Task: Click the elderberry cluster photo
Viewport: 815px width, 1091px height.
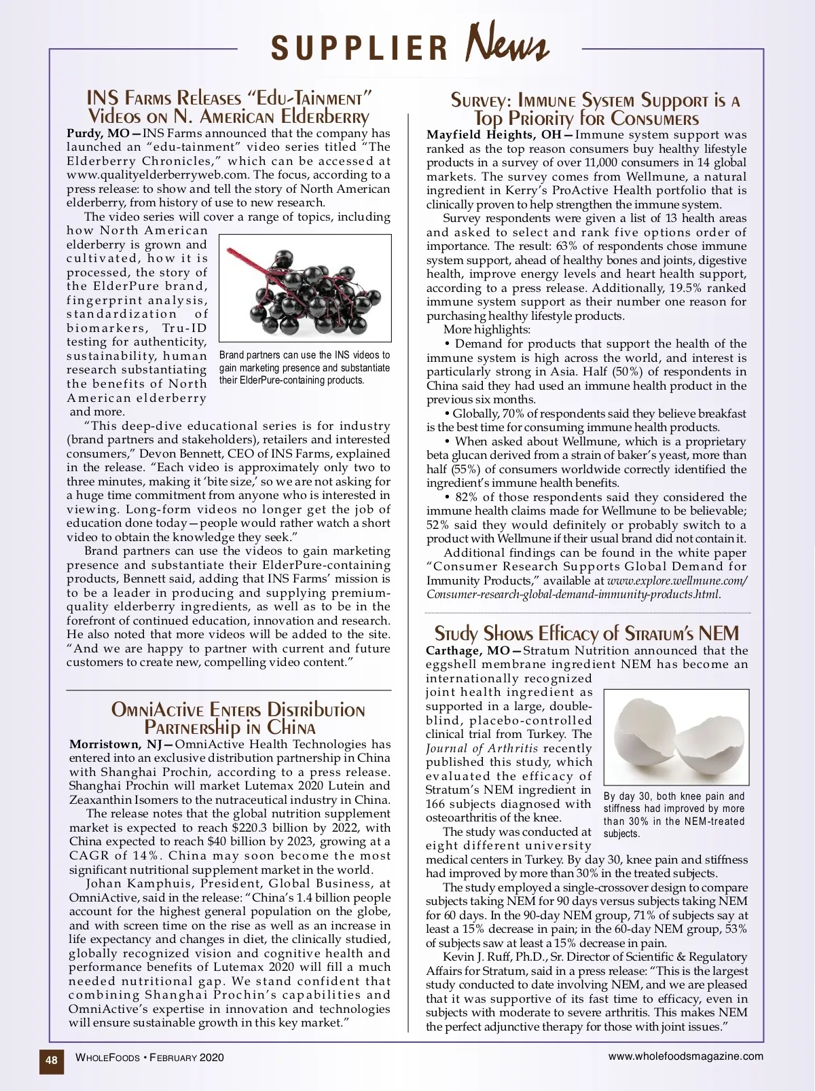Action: (x=306, y=288)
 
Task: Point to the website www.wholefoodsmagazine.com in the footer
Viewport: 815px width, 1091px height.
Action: (x=685, y=1056)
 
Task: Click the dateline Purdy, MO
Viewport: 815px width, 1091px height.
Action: (x=98, y=133)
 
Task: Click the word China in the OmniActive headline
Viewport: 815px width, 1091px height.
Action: (x=291, y=727)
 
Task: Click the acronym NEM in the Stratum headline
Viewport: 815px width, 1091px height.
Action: (x=718, y=633)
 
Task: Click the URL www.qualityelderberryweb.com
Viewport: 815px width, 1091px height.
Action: (x=158, y=175)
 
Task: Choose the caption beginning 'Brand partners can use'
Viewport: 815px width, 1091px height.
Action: (x=304, y=367)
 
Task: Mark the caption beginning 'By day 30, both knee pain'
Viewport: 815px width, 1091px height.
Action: (x=674, y=815)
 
